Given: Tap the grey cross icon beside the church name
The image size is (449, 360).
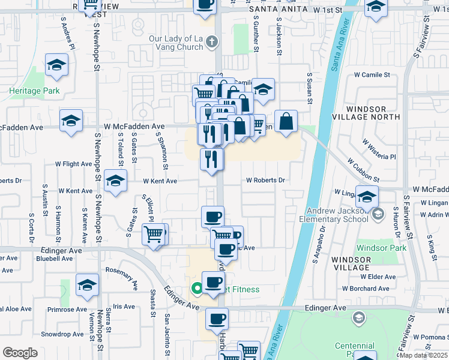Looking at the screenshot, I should tap(211, 41).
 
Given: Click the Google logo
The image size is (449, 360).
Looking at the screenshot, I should tap(20, 353).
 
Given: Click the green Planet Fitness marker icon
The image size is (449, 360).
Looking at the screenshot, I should tap(196, 289).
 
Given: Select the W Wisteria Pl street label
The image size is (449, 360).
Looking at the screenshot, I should tap(379, 150).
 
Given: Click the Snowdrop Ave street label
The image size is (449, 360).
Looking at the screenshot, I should tap(62, 334).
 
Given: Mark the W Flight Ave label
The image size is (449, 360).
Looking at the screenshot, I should tap(74, 163).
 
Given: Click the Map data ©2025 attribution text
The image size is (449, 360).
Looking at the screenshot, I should tap(423, 355).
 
